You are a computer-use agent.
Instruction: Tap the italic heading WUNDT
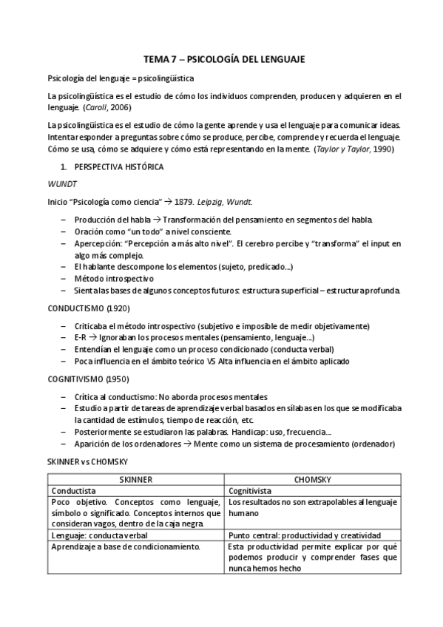pos(61,184)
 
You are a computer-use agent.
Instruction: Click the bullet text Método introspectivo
pos(113,279)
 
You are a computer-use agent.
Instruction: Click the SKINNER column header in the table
pos(135,478)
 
